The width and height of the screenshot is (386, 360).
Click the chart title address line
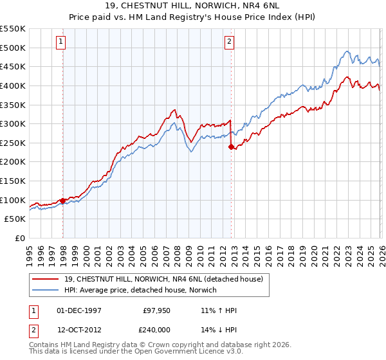coord(193,5)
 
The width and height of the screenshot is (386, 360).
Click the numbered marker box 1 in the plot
coord(61,42)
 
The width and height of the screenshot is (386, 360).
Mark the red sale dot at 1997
coord(62,201)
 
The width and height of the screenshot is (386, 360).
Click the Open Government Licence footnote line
coord(135,353)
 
